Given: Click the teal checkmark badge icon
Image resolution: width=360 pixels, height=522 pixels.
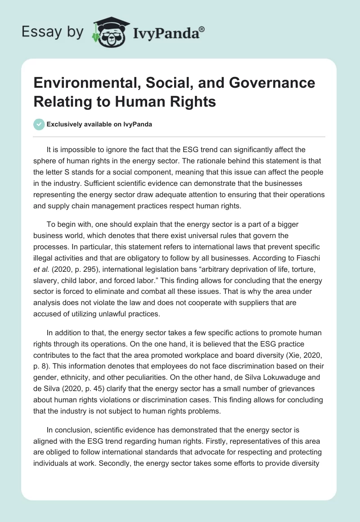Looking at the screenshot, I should point(40,124).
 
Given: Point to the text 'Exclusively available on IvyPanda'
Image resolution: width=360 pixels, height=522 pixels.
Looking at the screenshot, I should point(99,124).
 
